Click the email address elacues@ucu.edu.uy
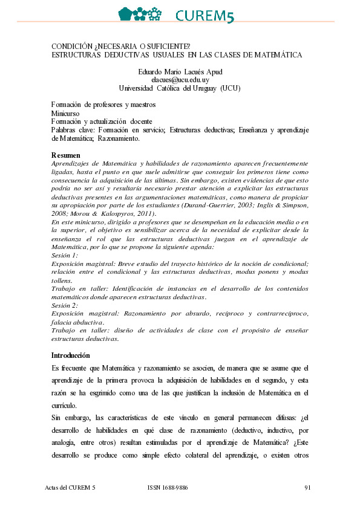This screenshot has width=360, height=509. click(180, 80)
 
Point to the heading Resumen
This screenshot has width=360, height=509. click(66, 155)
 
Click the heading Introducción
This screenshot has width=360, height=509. click(71, 355)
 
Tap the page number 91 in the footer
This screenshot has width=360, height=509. click(307, 487)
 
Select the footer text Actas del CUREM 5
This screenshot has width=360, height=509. click(70, 487)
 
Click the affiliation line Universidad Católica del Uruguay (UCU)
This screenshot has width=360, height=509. click(180, 88)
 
